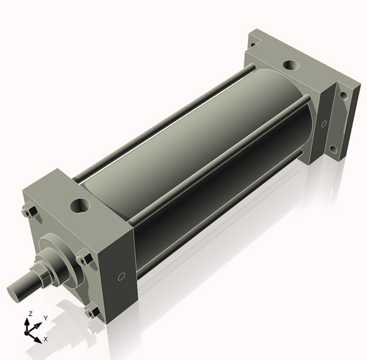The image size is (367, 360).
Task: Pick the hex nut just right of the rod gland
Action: (82, 259)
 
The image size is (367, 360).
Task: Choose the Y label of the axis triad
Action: (45, 317)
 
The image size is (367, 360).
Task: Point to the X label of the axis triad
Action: (46, 339)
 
